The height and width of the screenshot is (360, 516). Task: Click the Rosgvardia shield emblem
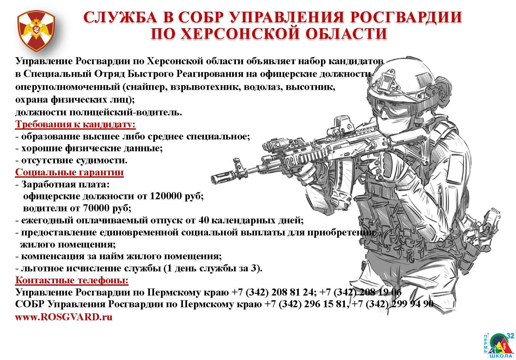click(37, 31)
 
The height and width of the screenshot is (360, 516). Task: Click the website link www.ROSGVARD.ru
click(64, 317)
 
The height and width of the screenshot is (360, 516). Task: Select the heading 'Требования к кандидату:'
click(75, 124)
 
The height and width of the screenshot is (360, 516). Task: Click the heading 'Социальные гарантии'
click(69, 172)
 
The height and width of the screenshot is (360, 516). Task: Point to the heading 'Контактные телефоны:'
click(72, 280)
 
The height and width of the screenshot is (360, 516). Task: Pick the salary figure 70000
click(96, 208)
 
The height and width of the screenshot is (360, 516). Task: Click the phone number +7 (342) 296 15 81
click(305, 304)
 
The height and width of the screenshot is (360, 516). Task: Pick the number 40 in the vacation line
click(204, 220)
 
